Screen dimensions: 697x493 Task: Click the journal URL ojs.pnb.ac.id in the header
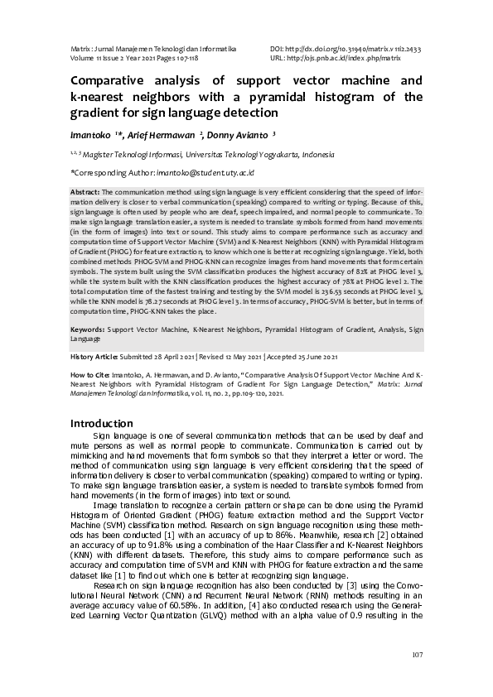(348, 59)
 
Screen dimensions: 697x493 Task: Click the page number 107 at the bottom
(417, 656)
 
